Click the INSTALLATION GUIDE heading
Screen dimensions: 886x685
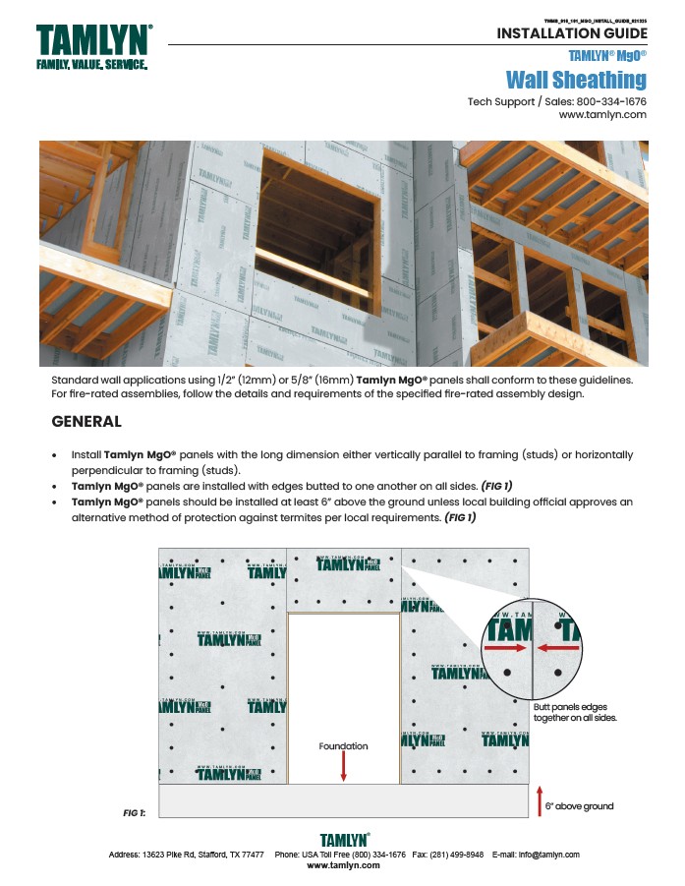click(571, 33)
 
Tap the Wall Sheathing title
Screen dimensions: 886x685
click(576, 80)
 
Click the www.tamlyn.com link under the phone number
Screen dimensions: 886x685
click(601, 115)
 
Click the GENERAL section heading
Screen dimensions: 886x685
click(86, 422)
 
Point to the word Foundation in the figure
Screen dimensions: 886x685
click(343, 746)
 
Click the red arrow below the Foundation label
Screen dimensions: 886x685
click(343, 768)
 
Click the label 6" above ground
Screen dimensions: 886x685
click(580, 806)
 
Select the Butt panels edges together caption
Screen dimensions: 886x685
click(574, 712)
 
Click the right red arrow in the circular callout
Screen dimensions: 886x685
click(557, 649)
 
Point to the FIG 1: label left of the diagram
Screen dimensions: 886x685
click(134, 812)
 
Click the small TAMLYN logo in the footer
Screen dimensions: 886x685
click(343, 840)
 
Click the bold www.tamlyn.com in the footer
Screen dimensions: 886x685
click(343, 865)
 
